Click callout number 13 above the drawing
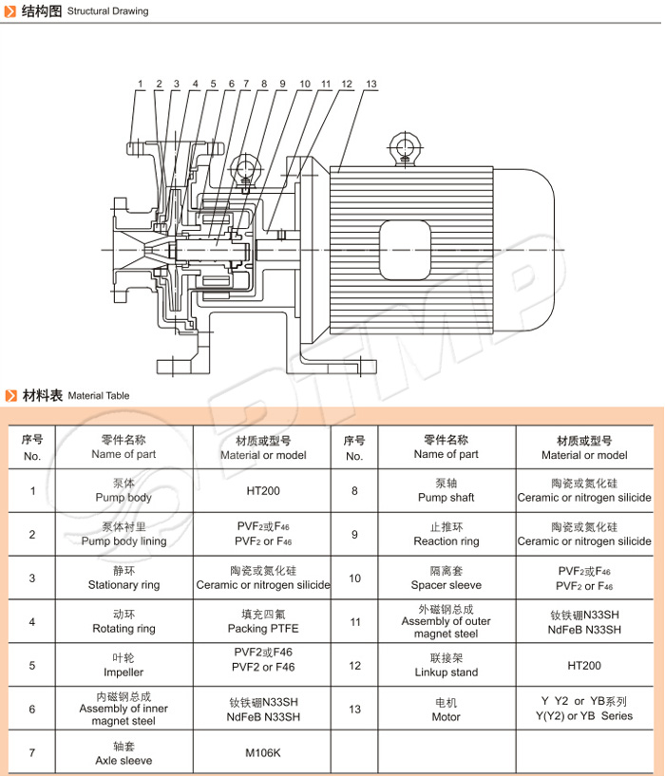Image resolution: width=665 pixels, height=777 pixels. pos(370,84)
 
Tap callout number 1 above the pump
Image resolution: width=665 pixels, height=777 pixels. pos(140,84)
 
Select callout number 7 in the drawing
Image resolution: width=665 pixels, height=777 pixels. pos(245,84)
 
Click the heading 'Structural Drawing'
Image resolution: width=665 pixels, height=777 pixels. pos(107,11)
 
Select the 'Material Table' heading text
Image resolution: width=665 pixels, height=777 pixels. pos(99,395)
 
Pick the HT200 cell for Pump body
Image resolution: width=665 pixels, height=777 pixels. pos(262,491)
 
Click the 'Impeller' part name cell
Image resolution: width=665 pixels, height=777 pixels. pos(123,665)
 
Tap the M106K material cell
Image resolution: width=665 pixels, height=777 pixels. pos(262,753)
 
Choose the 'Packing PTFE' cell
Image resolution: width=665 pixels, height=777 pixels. pos(262,621)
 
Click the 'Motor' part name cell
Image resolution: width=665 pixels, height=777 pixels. pos(446,710)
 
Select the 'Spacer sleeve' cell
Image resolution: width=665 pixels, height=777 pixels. pos(446,578)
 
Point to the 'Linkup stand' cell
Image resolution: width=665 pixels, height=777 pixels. pos(446,666)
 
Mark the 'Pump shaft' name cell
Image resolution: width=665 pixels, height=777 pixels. pos(446,490)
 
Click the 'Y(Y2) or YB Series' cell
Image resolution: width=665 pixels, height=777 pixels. pos(584,709)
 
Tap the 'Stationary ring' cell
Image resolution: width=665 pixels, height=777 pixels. pos(123,578)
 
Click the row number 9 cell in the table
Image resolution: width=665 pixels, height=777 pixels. pos(354,535)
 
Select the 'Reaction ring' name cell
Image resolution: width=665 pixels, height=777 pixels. pos(446,534)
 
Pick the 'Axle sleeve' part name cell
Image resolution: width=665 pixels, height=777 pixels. pos(123,753)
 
